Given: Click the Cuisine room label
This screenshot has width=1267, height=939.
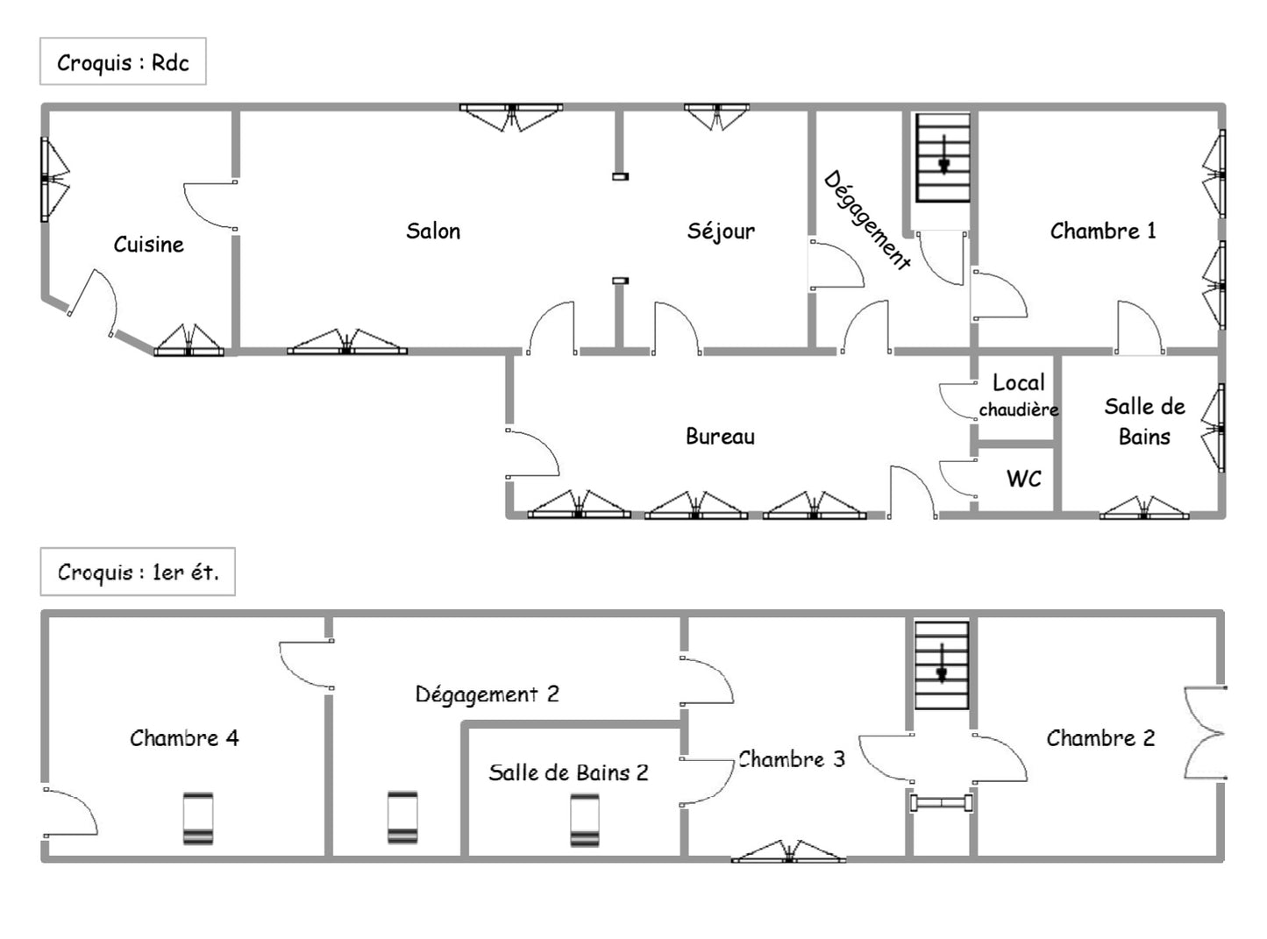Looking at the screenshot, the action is (x=148, y=245).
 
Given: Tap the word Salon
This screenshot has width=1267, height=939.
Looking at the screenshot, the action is (x=433, y=231).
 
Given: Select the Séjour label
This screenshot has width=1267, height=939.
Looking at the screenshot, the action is (x=721, y=231).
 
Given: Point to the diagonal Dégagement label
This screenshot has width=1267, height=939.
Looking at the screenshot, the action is (x=866, y=220).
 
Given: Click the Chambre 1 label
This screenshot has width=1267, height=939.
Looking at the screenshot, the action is (x=1102, y=231).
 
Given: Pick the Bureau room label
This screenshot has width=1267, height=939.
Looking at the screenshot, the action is (x=721, y=437).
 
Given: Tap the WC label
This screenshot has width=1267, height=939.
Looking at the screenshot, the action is (x=1023, y=479).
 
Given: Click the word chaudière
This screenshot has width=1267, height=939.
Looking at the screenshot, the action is (x=1019, y=409).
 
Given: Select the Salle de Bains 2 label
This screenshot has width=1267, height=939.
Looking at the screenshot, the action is (x=568, y=772).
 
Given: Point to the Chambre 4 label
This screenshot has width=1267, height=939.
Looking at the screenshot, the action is (x=184, y=738).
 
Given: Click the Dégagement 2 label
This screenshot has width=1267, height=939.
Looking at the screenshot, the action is (x=487, y=694).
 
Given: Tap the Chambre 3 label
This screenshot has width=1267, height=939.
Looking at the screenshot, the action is (x=791, y=759).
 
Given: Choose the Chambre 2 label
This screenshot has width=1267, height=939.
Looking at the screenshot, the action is (x=1100, y=738).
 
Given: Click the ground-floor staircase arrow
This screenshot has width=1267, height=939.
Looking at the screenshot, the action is (x=943, y=154).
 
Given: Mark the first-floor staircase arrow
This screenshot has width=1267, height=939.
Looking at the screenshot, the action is (x=942, y=663).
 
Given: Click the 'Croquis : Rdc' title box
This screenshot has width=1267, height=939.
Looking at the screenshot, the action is (x=123, y=61).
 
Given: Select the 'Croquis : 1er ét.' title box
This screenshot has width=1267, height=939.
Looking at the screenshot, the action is (x=138, y=572).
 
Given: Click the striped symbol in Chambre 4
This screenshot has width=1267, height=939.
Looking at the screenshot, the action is (x=198, y=819).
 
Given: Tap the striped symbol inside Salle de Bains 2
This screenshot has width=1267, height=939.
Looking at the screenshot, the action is (x=585, y=820).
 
